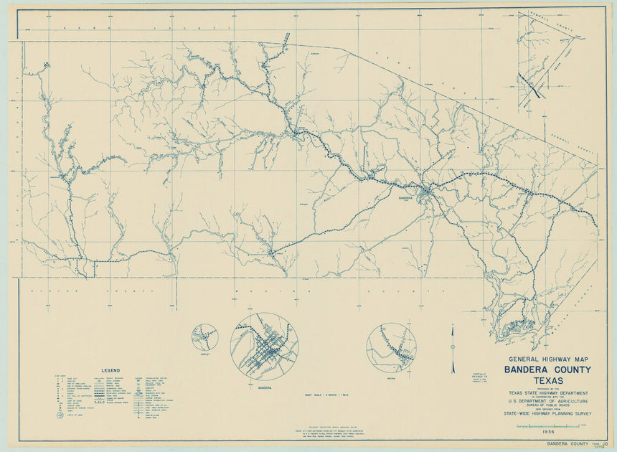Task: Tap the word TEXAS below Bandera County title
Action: [548, 381]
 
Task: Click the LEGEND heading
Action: [110, 370]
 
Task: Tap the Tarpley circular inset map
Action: [204, 336]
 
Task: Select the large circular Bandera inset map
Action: [264, 347]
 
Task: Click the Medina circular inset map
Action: [391, 348]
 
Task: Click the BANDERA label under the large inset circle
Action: [264, 387]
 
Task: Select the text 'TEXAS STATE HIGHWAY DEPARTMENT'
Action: [548, 393]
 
